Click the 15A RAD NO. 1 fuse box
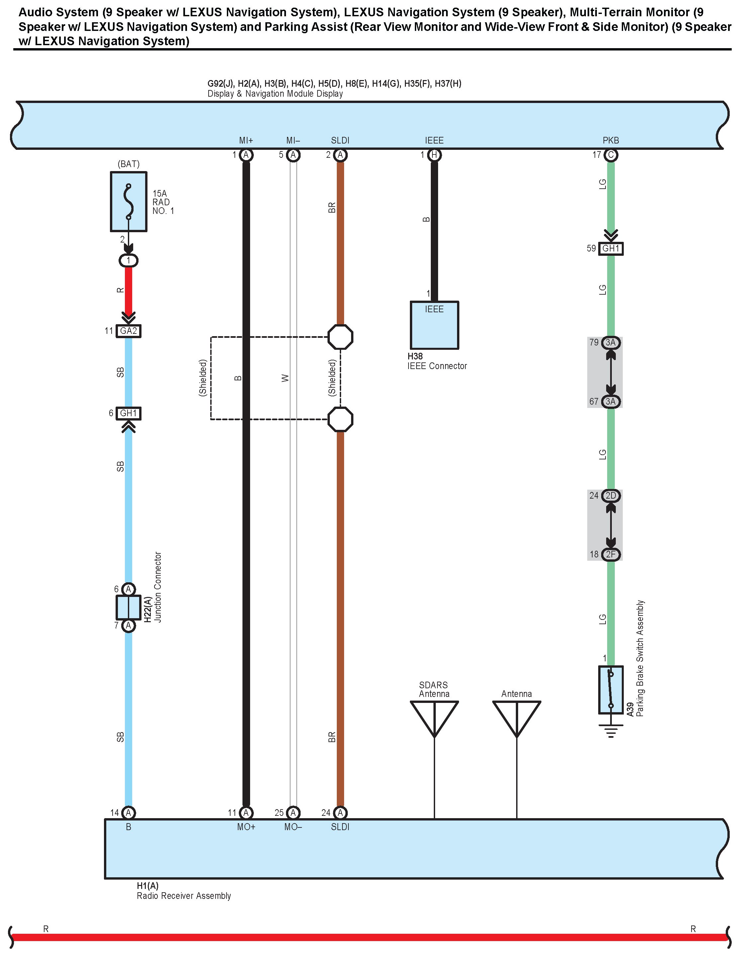(x=129, y=202)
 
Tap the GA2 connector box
(x=129, y=331)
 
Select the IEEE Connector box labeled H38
(x=434, y=325)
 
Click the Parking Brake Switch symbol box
(x=610, y=690)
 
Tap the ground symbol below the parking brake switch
(x=610, y=732)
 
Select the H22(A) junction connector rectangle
(x=129, y=607)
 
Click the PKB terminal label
(x=610, y=141)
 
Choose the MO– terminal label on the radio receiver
(x=293, y=827)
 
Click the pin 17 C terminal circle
(x=610, y=155)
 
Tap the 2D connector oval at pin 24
(x=610, y=496)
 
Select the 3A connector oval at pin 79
(x=610, y=342)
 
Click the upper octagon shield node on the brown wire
(x=340, y=337)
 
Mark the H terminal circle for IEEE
(x=434, y=155)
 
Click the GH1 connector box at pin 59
(x=610, y=248)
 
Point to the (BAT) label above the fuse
(x=129, y=164)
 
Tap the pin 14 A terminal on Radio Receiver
(x=129, y=813)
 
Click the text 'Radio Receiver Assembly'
(x=184, y=896)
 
